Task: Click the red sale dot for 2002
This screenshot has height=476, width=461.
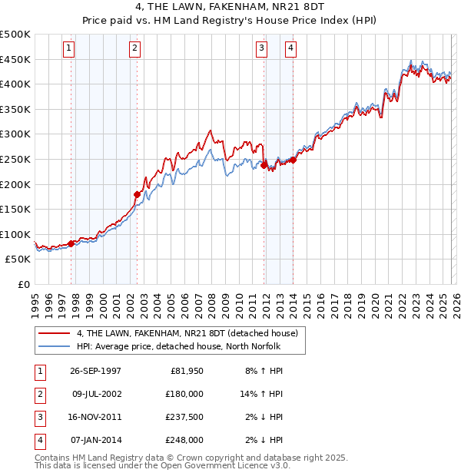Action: [x=137, y=194]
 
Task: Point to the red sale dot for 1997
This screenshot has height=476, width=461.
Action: [x=71, y=243]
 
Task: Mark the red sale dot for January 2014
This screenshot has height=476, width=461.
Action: [x=293, y=160]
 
